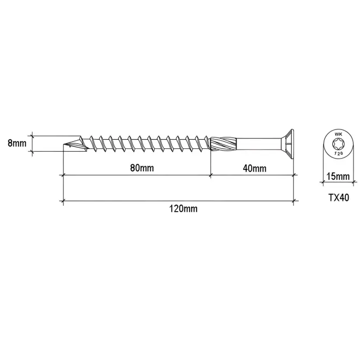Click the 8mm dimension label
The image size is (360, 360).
click(17, 143)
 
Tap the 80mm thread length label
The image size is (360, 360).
click(142, 168)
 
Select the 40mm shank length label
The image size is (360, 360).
click(254, 168)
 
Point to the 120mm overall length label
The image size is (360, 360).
click(183, 209)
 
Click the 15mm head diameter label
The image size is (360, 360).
click(338, 176)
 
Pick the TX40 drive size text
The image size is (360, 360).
click(339, 198)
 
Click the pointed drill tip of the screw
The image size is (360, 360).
click(63, 145)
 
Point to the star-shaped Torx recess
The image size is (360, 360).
click(338, 144)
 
